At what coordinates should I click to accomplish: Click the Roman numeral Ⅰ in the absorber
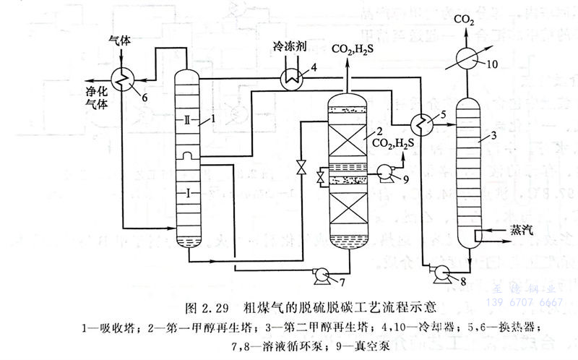(186, 194)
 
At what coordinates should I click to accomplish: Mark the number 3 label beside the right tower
(491, 135)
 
